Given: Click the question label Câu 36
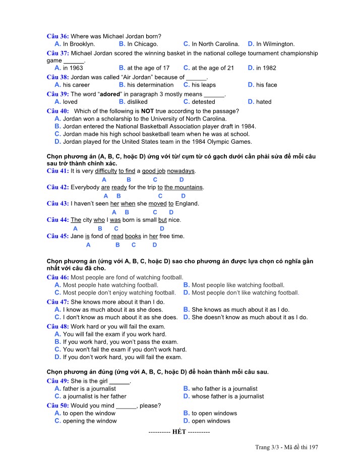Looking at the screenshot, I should coord(57,36).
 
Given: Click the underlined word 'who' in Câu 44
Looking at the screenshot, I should coord(99,220).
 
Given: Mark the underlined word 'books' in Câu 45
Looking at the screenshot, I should coord(133,236).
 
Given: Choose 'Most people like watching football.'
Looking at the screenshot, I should coord(237,285).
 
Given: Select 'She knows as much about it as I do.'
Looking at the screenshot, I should coord(240,310).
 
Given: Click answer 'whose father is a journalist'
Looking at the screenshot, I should coord(227,396).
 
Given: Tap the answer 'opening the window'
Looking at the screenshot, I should coord(89,421).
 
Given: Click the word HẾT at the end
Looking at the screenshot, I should coord(179,432).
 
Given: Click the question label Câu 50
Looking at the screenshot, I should coord(57,405).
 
